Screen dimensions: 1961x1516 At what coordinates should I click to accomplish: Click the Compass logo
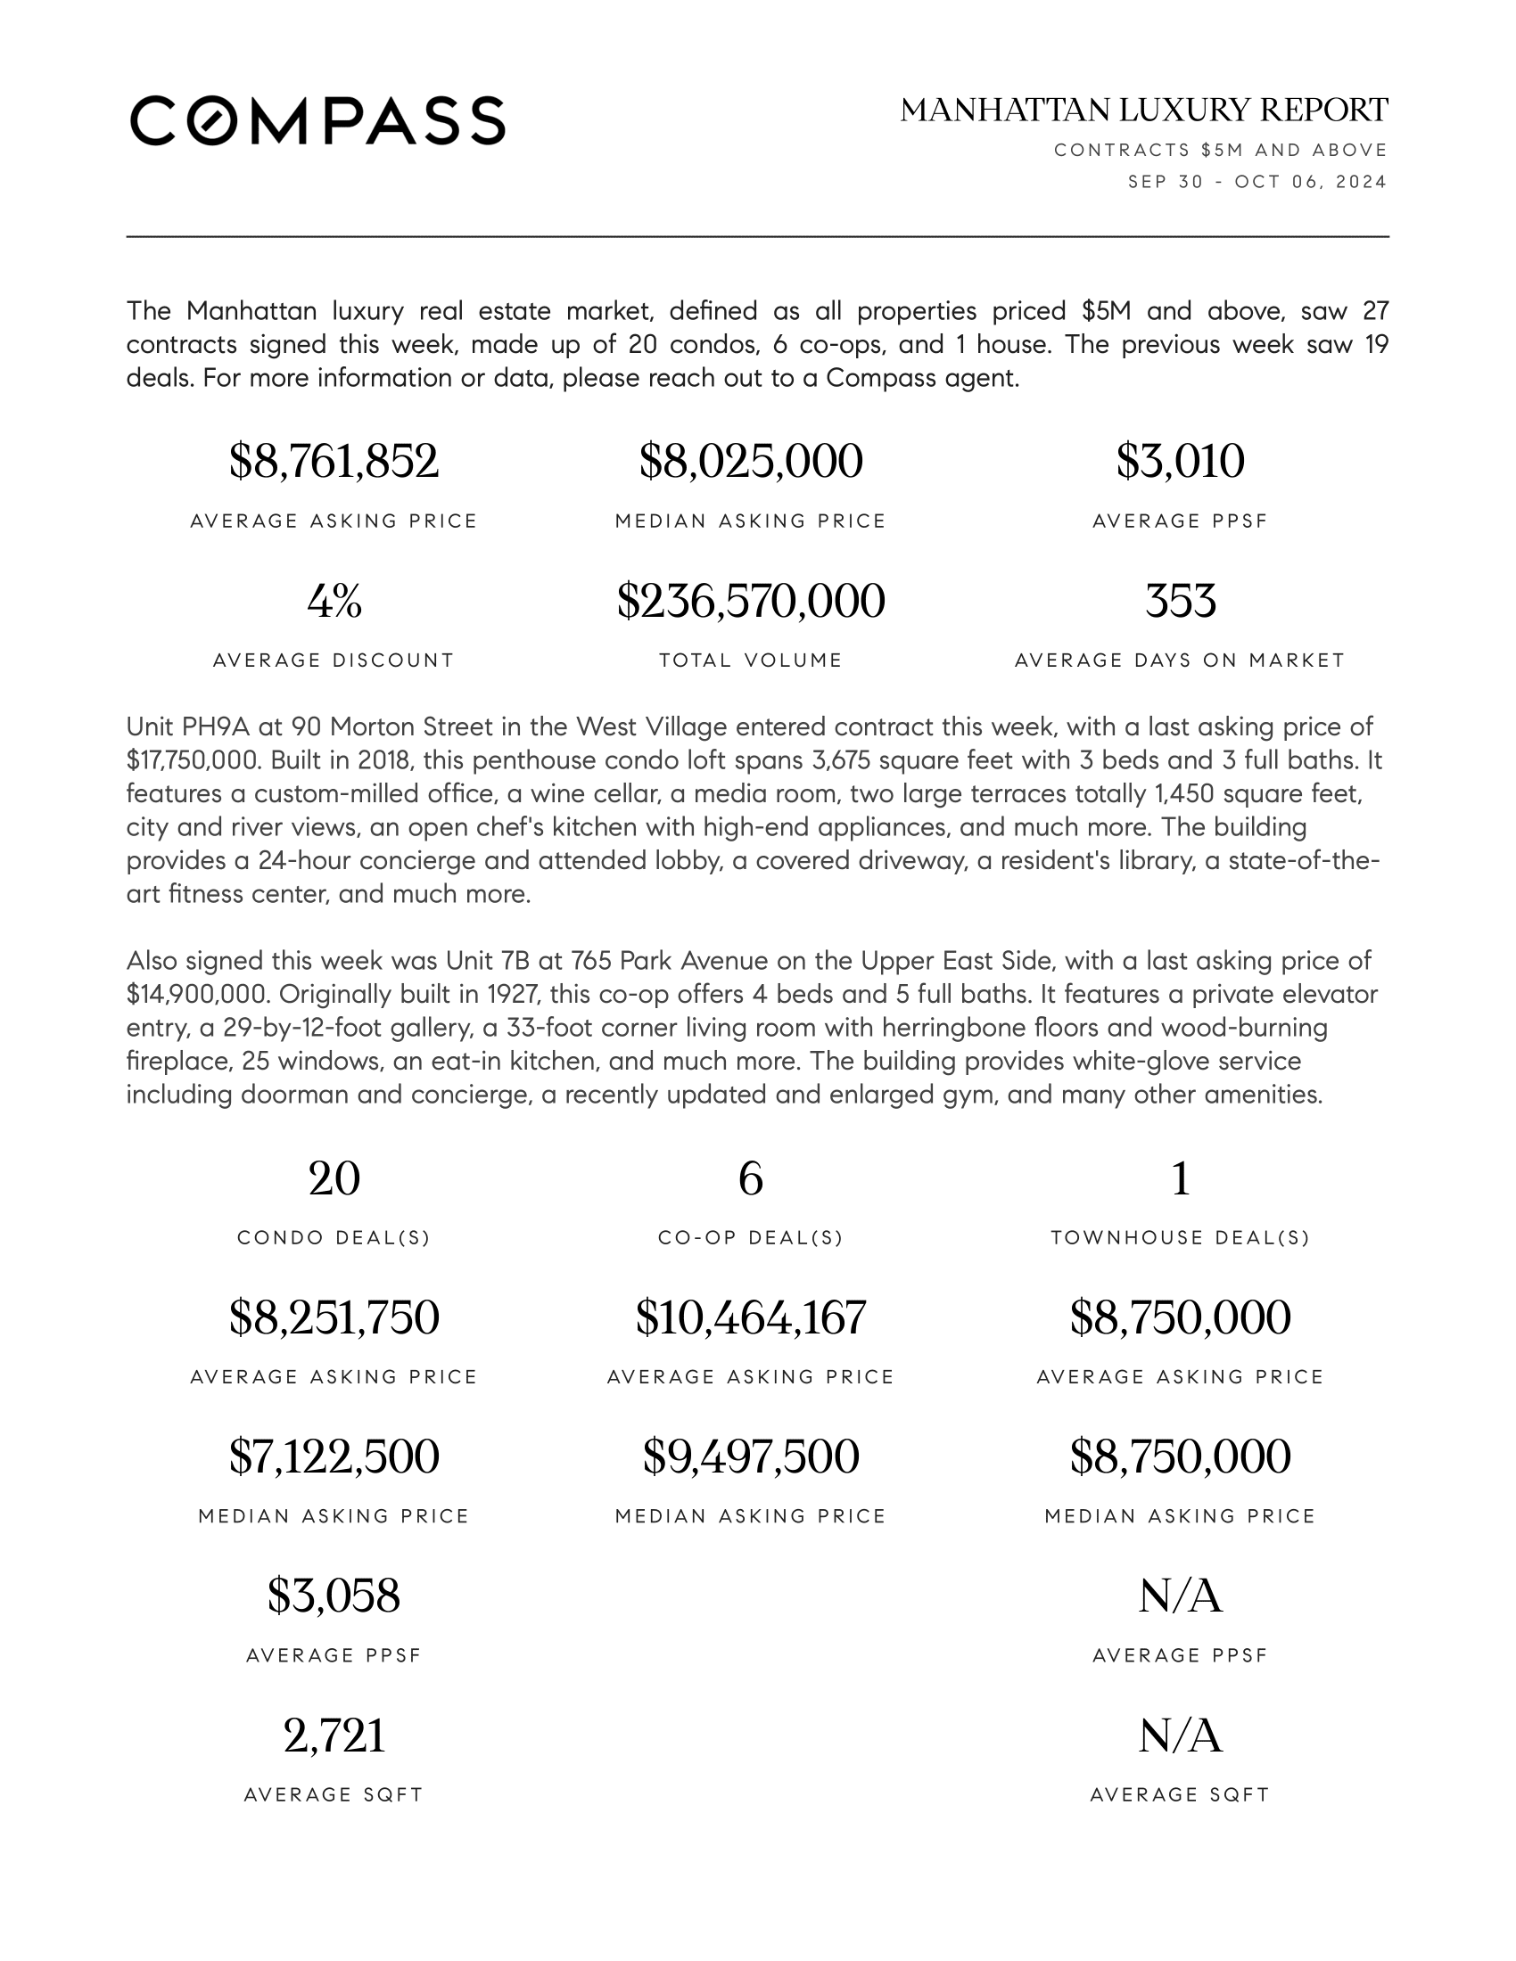tap(317, 120)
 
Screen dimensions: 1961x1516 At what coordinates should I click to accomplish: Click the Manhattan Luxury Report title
tap(1143, 111)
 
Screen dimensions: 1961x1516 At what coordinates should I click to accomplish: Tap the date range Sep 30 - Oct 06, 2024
tap(1256, 182)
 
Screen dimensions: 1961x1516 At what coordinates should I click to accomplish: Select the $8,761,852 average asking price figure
tap(334, 462)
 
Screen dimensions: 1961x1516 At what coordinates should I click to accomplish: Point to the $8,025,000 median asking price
tap(750, 462)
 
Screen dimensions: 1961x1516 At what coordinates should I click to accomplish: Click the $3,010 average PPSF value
tap(1179, 462)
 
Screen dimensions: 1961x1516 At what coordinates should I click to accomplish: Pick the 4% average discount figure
tap(334, 601)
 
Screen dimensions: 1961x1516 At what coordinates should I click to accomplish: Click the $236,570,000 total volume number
tap(750, 601)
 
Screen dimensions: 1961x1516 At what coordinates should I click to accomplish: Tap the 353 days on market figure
tap(1179, 601)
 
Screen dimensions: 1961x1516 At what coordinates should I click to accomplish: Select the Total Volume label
tap(750, 661)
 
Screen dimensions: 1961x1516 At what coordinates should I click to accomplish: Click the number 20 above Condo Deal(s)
tap(334, 1178)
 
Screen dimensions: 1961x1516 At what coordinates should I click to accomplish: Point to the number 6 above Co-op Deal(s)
tap(750, 1178)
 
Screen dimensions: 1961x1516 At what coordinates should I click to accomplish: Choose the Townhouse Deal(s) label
tap(1179, 1238)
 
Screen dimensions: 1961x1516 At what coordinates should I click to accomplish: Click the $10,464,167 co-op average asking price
tap(750, 1317)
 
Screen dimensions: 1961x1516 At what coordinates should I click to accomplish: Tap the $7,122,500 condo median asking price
tap(334, 1456)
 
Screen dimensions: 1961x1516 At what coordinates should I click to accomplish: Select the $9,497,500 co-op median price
tap(750, 1456)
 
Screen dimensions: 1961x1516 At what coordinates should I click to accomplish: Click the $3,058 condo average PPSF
tap(334, 1596)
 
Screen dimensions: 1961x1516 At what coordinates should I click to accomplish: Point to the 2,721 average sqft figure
tap(334, 1735)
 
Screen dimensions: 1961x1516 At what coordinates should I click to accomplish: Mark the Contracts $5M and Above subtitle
tap(1221, 150)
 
